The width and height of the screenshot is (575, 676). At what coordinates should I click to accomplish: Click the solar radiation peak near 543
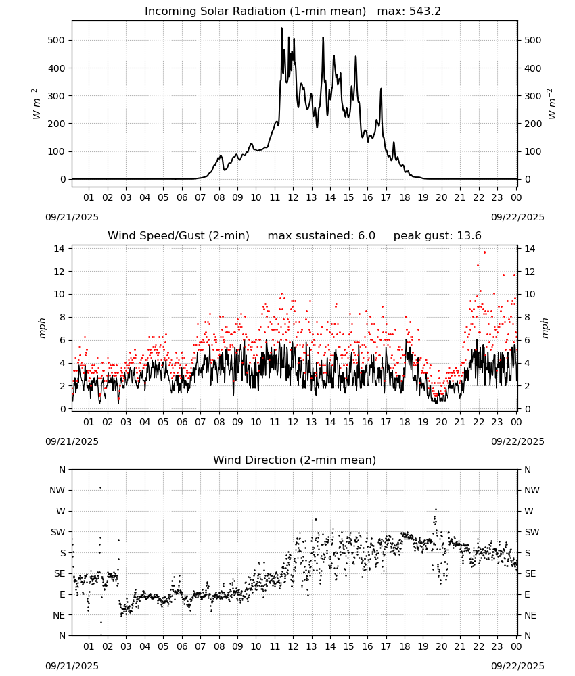(281, 28)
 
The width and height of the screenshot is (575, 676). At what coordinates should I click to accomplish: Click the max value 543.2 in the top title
(424, 11)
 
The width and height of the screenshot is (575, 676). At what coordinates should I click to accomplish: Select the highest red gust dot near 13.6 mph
(484, 253)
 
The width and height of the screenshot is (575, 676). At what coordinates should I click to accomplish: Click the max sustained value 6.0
(366, 236)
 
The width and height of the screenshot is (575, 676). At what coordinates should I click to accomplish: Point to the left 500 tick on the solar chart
(56, 40)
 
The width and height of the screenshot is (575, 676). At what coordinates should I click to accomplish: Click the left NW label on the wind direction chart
(57, 491)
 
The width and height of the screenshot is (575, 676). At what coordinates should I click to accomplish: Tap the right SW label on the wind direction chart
(532, 533)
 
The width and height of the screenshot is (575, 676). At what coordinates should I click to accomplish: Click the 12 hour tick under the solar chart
(293, 198)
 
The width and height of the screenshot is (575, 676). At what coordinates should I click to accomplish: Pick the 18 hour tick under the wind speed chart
(405, 422)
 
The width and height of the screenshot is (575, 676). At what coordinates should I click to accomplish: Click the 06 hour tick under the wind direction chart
(182, 647)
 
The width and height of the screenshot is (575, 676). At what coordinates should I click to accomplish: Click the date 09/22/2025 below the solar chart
(517, 217)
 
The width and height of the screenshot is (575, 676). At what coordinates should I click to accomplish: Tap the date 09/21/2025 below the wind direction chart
(72, 666)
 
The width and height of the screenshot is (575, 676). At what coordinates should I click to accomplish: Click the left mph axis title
(42, 328)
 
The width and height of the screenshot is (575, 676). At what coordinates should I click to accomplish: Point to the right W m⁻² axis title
(552, 104)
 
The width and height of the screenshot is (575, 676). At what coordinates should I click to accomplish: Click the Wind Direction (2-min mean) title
(295, 460)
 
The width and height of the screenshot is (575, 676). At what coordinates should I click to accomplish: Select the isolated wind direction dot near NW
(101, 487)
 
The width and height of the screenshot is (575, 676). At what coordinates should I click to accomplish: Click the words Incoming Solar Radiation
(215, 11)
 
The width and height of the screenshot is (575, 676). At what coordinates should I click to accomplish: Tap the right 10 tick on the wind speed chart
(530, 295)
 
